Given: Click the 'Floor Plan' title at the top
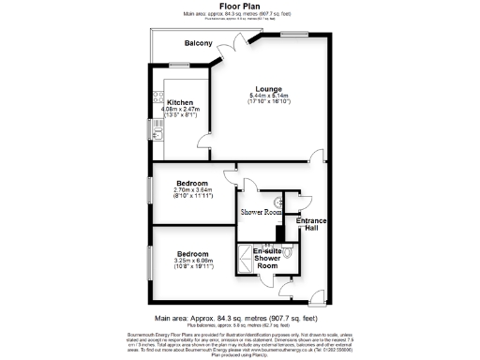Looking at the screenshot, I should coord(239,6).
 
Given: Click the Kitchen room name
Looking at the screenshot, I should coord(180,103).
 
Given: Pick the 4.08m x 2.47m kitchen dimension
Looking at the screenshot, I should coord(181,111).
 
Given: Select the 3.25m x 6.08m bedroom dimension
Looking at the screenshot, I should coord(194,261).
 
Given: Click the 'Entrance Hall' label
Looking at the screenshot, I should coord(311,225).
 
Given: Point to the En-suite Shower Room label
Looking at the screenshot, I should coord(267,259).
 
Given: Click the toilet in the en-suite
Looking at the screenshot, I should coord(289,251).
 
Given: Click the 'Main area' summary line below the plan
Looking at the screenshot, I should coord(239,318).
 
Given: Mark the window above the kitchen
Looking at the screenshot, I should coord(177,65).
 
